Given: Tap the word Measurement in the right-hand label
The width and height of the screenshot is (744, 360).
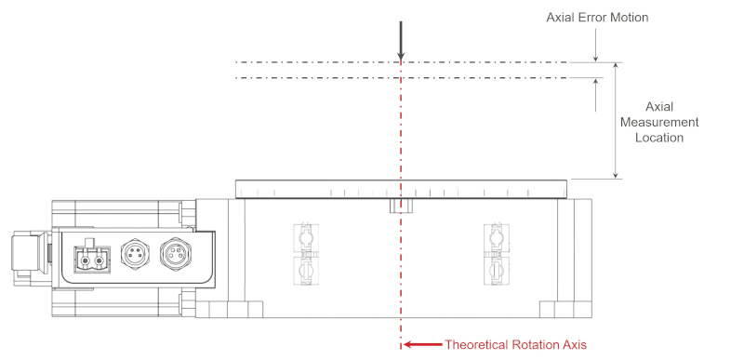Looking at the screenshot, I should coord(658,123).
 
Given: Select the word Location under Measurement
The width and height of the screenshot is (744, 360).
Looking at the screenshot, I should coord(658,138).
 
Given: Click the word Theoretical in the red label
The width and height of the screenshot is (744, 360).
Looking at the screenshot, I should coord(478,344).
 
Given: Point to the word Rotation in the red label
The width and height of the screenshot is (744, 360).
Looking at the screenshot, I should coord(537,344).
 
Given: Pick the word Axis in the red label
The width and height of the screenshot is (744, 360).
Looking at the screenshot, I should coord(575,344).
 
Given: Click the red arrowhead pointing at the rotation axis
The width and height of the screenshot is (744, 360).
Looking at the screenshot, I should coord(410,344).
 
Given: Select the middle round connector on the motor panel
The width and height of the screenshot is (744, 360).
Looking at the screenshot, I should coord(133,253).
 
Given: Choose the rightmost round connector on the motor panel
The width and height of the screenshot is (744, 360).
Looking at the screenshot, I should coord(174,253).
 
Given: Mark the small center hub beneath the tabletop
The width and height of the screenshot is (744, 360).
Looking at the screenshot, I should coord(400,205).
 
